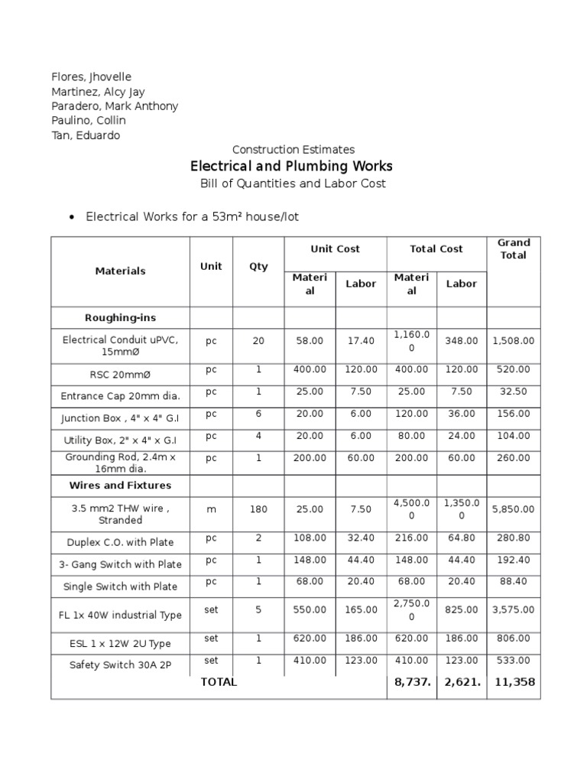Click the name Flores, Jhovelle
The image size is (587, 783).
(x=91, y=77)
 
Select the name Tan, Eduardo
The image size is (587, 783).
(x=85, y=135)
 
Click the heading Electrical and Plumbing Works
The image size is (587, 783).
(x=291, y=166)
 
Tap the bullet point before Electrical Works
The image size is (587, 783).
(x=72, y=218)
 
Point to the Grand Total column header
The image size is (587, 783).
(x=513, y=249)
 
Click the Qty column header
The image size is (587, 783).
(x=258, y=267)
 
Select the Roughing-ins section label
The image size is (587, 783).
(x=120, y=317)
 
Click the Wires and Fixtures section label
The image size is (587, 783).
(x=120, y=486)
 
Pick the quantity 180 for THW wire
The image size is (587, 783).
(x=258, y=509)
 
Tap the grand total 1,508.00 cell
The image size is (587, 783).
(x=513, y=341)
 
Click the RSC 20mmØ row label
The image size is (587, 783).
(x=120, y=374)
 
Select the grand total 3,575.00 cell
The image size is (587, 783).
(x=513, y=610)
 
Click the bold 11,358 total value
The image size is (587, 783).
(x=513, y=683)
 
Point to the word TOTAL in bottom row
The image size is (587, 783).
(x=219, y=683)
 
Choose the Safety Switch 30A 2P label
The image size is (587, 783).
(x=120, y=664)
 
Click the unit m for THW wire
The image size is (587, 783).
(x=211, y=509)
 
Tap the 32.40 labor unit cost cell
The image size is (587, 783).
(x=361, y=538)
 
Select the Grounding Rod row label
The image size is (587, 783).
(x=120, y=463)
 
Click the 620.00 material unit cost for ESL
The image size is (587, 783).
(x=310, y=638)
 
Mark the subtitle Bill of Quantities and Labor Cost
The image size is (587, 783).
(x=293, y=184)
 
